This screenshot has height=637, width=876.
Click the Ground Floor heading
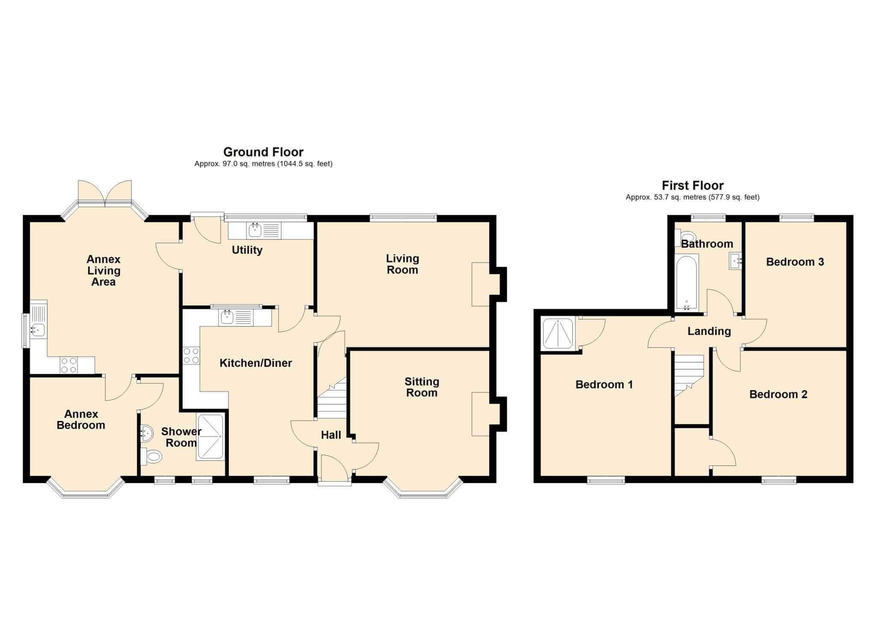(263, 152)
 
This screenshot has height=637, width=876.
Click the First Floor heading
(693, 185)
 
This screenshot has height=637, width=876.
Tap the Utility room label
(247, 250)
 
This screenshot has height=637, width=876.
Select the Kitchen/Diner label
(256, 363)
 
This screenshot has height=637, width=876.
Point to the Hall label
(331, 435)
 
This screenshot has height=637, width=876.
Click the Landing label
(709, 331)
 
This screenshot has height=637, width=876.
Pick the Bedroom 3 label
(795, 262)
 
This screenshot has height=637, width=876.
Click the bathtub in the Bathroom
(687, 282)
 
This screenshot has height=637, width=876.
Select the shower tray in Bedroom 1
(558, 334)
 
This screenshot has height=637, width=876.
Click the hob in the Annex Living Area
(68, 365)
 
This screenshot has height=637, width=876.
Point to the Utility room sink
(255, 231)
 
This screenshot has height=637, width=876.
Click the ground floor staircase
(331, 397)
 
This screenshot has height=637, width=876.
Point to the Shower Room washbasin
(146, 433)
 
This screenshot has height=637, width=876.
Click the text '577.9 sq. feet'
(734, 197)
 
